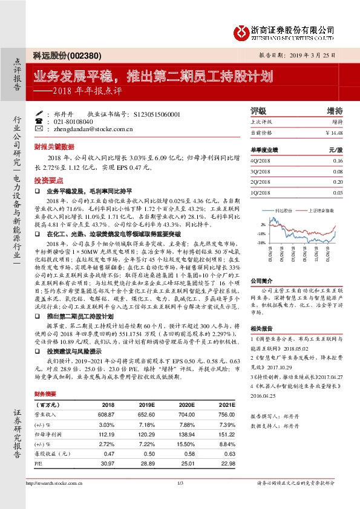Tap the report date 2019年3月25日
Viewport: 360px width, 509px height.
click(x=315, y=54)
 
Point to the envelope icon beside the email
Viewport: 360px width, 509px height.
click(x=39, y=129)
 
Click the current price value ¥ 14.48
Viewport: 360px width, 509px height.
click(x=334, y=132)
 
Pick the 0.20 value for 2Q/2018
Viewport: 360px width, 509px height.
click(x=337, y=181)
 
